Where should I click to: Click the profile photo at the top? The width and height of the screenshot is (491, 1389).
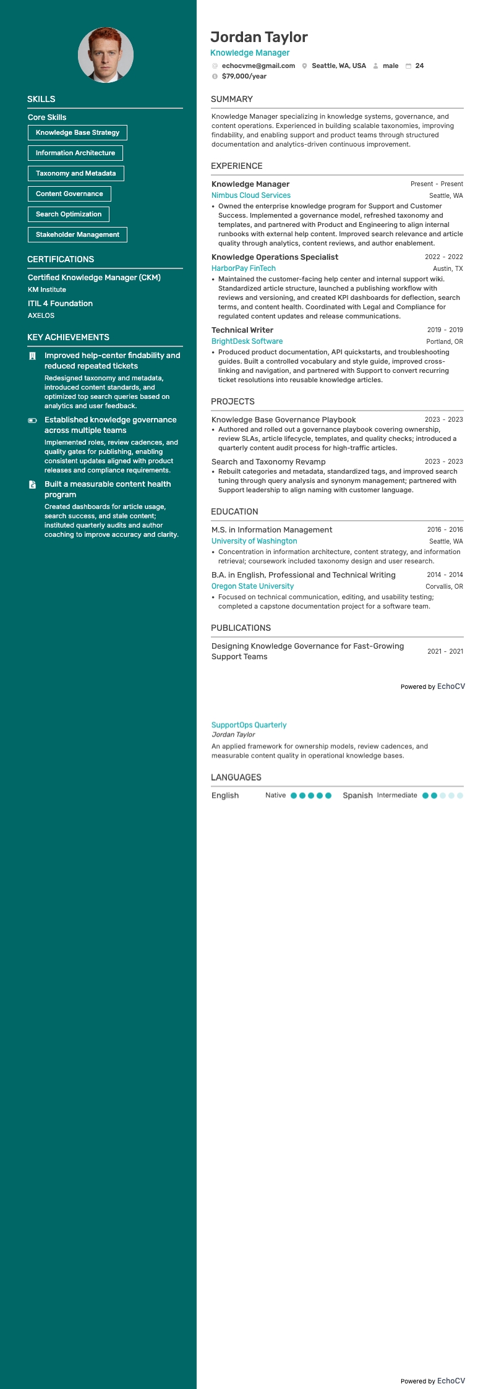point(106,55)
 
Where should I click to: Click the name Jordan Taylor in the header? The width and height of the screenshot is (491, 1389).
point(259,37)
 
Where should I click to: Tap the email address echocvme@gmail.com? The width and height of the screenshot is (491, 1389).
point(258,66)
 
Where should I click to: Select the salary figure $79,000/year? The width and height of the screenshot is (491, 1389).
point(244,76)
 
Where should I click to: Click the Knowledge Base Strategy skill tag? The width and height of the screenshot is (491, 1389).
point(77,132)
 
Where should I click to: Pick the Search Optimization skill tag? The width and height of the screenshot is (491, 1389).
point(69,214)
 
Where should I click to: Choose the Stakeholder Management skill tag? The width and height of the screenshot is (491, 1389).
point(77,234)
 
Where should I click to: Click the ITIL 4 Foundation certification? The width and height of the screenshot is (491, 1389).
point(60,303)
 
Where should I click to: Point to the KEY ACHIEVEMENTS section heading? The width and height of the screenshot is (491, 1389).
point(68,337)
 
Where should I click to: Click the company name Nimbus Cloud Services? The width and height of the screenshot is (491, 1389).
point(250,195)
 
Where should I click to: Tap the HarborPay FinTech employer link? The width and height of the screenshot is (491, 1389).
point(243,268)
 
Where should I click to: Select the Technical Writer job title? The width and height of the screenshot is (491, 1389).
point(242,330)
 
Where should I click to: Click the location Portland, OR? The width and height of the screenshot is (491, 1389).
point(444,341)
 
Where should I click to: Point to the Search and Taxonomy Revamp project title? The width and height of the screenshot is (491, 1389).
point(268,461)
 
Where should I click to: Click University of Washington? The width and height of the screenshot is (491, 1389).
point(254,541)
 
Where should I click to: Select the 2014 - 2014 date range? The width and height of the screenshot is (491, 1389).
point(445,575)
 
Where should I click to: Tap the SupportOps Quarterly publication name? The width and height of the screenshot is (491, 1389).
point(249,725)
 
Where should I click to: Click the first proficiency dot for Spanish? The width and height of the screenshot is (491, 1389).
point(425,795)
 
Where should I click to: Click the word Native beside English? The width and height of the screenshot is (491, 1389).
point(275,795)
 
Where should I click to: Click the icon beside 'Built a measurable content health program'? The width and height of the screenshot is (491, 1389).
point(32,484)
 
